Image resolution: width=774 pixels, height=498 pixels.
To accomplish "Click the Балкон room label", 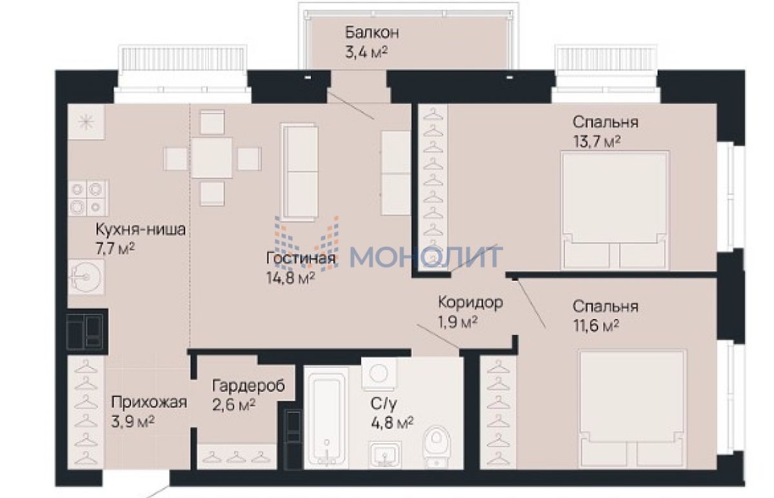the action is pyautogui.click(x=372, y=32).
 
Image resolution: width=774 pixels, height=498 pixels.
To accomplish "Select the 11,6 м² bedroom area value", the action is pyautogui.click(x=596, y=325).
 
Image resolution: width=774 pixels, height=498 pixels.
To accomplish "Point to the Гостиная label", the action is pyautogui.click(x=301, y=258).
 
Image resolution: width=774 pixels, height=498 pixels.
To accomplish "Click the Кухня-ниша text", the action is pyautogui.click(x=141, y=229).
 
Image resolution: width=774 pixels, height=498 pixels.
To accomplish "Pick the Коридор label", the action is pyautogui.click(x=470, y=302).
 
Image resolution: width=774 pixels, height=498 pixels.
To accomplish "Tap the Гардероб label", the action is pyautogui.click(x=248, y=386).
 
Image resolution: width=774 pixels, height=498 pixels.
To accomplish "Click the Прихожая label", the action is pyautogui.click(x=149, y=403).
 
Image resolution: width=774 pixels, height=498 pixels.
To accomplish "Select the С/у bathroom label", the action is pyautogui.click(x=384, y=403).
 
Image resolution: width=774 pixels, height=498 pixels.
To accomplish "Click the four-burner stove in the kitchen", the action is pyautogui.click(x=88, y=198).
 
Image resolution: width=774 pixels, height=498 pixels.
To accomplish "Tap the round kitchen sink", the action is pyautogui.click(x=86, y=277).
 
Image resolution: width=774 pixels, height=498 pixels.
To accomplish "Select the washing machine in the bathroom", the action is pyautogui.click(x=379, y=374).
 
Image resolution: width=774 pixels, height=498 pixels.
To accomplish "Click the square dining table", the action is pyautogui.click(x=212, y=158).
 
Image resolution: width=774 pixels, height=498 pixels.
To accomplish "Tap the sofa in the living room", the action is pyautogui.click(x=299, y=171).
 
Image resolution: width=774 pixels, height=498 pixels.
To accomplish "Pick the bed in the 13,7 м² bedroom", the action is pyautogui.click(x=615, y=210).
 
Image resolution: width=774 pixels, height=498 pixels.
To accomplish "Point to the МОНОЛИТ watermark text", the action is pyautogui.click(x=426, y=257).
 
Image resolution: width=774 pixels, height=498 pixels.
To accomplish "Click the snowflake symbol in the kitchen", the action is pyautogui.click(x=86, y=122).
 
